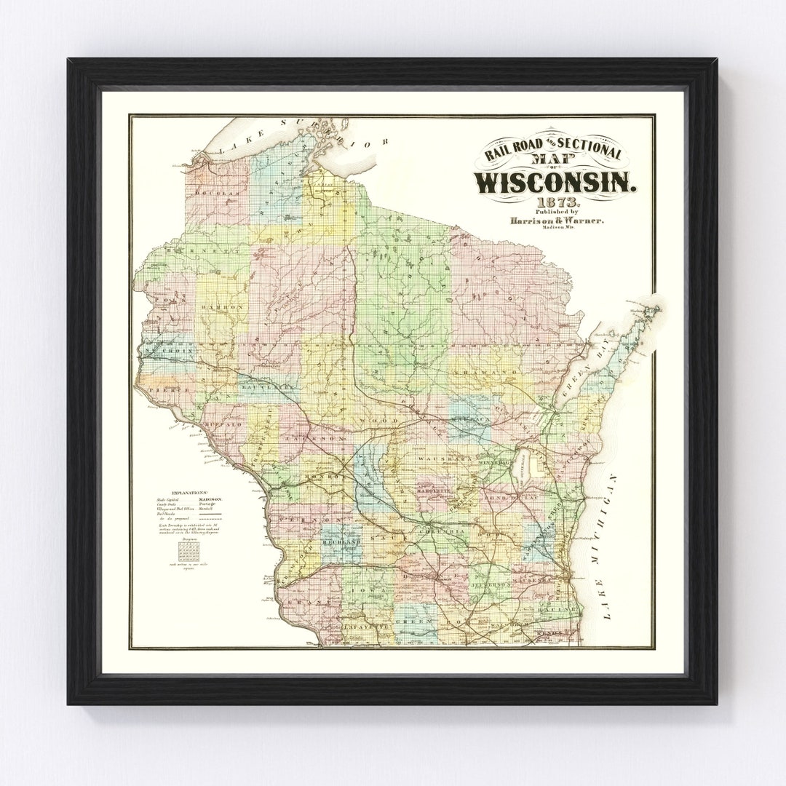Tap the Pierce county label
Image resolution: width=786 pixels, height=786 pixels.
tap(168, 390)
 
